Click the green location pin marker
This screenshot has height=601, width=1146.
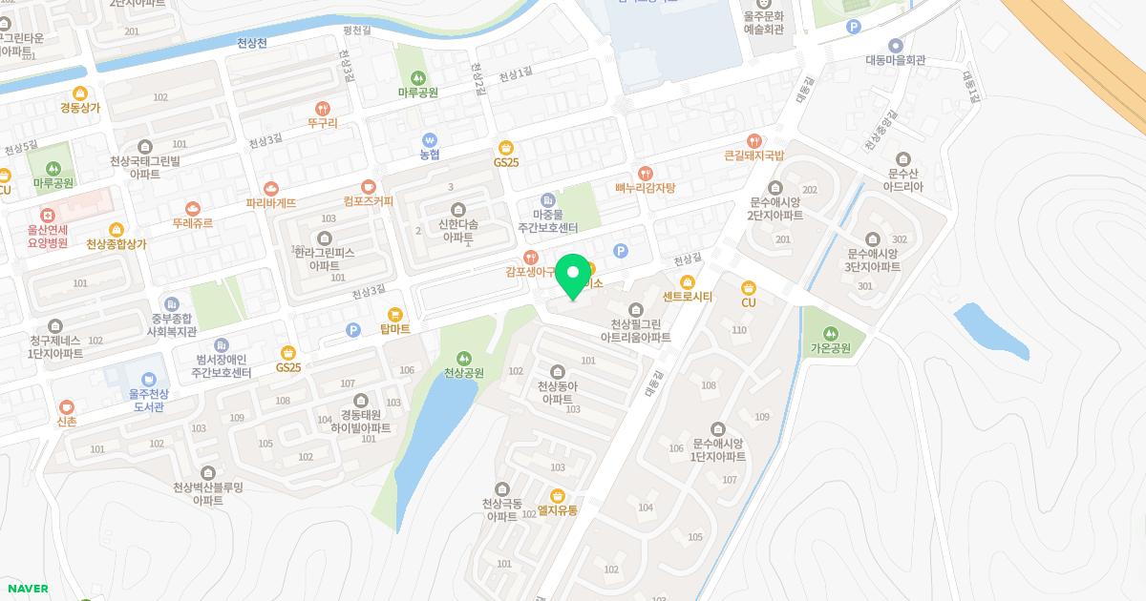[x=573, y=276]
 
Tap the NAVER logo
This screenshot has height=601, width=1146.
[x=26, y=589]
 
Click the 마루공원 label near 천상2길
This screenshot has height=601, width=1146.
[x=417, y=93]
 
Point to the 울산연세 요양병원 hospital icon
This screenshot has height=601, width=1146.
[x=47, y=216]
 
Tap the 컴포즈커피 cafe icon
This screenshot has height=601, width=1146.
[x=369, y=186]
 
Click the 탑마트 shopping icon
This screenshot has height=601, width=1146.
[x=394, y=314]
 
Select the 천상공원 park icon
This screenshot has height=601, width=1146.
[x=464, y=358]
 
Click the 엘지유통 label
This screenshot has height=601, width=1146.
[x=558, y=510]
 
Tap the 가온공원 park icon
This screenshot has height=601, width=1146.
[x=830, y=333]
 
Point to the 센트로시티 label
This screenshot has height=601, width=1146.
[x=688, y=297]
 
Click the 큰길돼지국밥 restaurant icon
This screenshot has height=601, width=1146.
[x=754, y=140]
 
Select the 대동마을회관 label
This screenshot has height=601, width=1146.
[x=896, y=60]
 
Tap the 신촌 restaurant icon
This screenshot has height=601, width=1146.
[x=67, y=406]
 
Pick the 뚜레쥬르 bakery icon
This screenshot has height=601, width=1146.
[x=193, y=208]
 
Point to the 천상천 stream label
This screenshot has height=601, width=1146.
[x=252, y=43]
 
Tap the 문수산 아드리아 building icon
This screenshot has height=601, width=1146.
[x=903, y=158]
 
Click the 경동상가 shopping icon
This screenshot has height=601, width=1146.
[x=80, y=93]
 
